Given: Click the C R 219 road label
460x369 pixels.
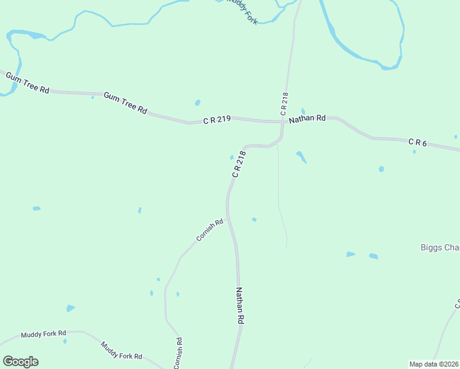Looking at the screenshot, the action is pyautogui.click(x=216, y=121).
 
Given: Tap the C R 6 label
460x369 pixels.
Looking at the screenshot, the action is pyautogui.click(x=418, y=142).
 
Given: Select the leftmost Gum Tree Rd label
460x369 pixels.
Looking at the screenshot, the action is pyautogui.click(x=27, y=82).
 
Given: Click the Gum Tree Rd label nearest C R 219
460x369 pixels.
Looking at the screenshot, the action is pyautogui.click(x=125, y=103).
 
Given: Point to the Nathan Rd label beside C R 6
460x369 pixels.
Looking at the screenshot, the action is pyautogui.click(x=307, y=118).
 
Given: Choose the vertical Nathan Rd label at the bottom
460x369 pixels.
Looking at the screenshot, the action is pyautogui.click(x=240, y=306).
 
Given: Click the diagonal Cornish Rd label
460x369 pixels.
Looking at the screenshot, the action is pyautogui.click(x=210, y=230).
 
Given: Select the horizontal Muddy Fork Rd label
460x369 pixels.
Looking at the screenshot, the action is pyautogui.click(x=43, y=334).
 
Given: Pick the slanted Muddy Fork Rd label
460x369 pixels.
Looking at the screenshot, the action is pyautogui.click(x=121, y=351).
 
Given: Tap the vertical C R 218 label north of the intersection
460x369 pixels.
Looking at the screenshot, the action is pyautogui.click(x=284, y=104).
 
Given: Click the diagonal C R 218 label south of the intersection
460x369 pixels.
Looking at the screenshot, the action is pyautogui.click(x=239, y=164).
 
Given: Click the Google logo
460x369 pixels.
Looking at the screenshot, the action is pyautogui.click(x=20, y=362).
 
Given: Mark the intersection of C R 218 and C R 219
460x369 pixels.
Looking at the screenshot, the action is pyautogui.click(x=283, y=122).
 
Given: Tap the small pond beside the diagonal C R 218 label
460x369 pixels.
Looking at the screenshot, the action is pyautogui.click(x=232, y=157).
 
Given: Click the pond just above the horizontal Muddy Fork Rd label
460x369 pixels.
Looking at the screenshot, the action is pyautogui.click(x=70, y=308).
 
